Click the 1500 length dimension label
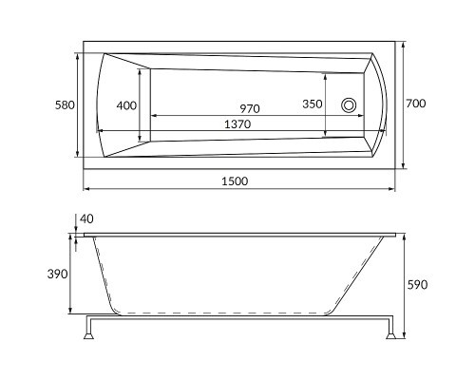pyautogui.click(x=235, y=181)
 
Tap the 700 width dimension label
pyautogui.click(x=416, y=104)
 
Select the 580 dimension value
pyautogui.click(x=65, y=105)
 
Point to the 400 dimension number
pyautogui.click(x=126, y=105)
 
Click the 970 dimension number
pyautogui.click(x=250, y=108)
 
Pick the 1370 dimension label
pyautogui.click(x=237, y=124)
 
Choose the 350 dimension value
pyautogui.click(x=313, y=104)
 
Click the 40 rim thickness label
pyautogui.click(x=86, y=218)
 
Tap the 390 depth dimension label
pyautogui.click(x=58, y=274)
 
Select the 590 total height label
pyautogui.click(x=417, y=285)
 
